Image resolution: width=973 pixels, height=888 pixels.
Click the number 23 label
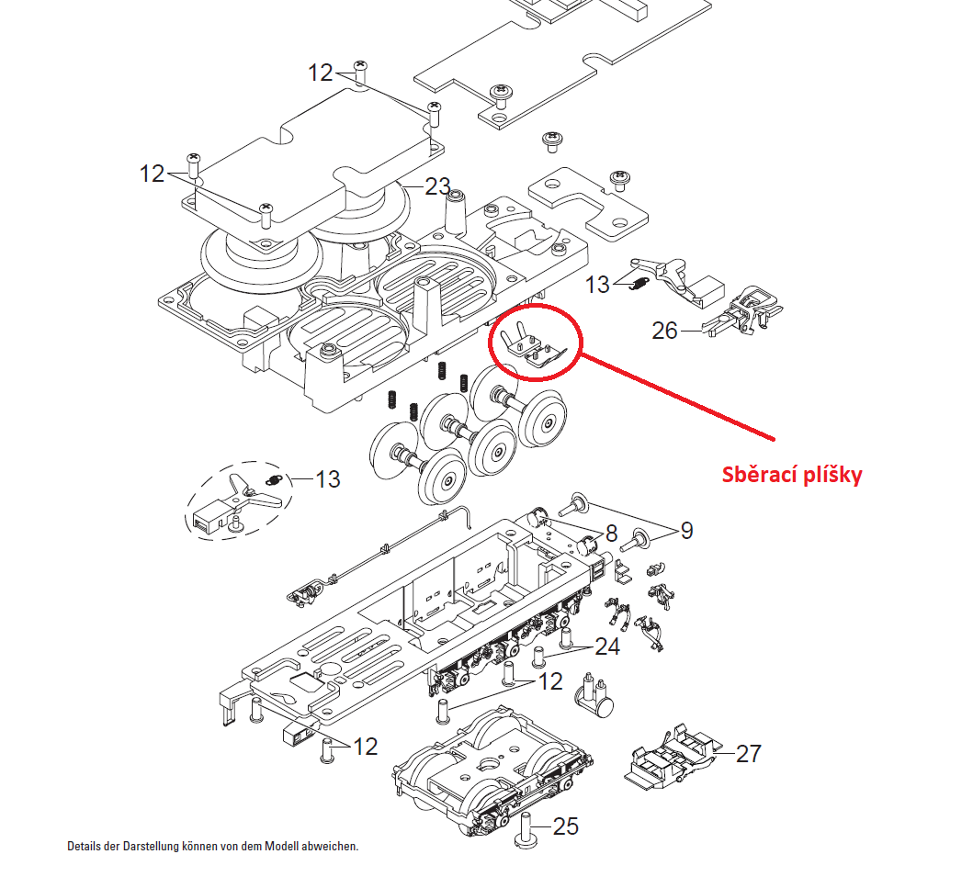pyautogui.click(x=437, y=186)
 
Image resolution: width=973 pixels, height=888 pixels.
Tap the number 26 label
pyautogui.click(x=664, y=330)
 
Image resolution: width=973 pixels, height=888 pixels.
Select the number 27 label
pyautogui.click(x=749, y=754)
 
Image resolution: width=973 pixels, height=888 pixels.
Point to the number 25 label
pyautogui.click(x=566, y=826)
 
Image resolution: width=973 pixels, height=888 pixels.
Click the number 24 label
pyautogui.click(x=606, y=646)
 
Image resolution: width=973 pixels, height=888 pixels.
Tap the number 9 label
pyautogui.click(x=686, y=531)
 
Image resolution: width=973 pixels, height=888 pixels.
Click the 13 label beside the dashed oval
pyautogui.click(x=327, y=479)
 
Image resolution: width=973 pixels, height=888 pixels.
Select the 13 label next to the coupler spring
pyautogui.click(x=597, y=285)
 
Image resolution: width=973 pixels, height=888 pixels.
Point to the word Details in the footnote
pyautogui.click(x=85, y=846)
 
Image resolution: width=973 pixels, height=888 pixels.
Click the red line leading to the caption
pyautogui.click(x=680, y=395)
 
